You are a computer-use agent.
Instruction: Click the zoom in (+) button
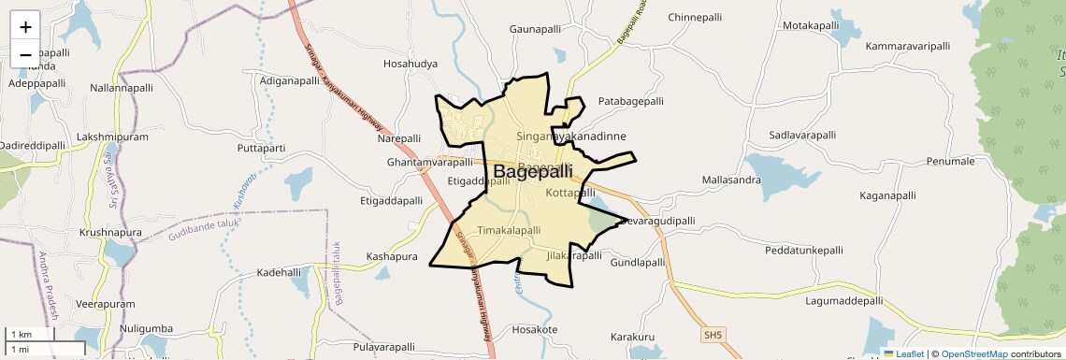tap(25, 27)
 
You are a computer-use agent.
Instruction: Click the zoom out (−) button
tap(25, 53)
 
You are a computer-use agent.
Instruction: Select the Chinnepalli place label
tap(696, 18)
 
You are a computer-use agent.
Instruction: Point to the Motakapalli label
tap(814, 26)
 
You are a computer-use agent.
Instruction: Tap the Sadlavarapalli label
tap(802, 136)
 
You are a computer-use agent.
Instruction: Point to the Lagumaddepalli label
tap(843, 301)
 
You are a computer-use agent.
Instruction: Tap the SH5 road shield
tap(714, 334)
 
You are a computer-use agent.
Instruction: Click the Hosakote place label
tap(535, 330)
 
